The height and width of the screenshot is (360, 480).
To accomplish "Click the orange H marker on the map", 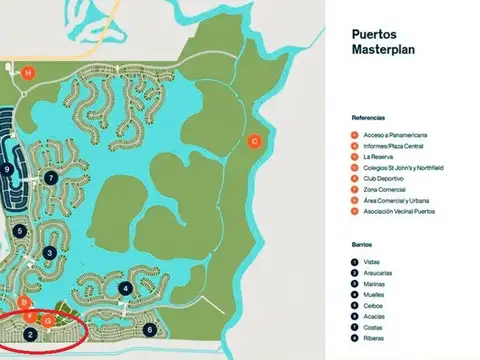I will [x=28, y=73].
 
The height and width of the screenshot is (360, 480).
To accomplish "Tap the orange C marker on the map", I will [x=254, y=141].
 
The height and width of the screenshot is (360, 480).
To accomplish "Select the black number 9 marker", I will [x=8, y=170].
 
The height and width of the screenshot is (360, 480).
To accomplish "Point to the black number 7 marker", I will [x=50, y=179].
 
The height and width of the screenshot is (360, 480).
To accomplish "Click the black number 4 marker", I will [x=125, y=289].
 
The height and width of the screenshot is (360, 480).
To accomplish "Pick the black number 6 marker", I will [x=150, y=329].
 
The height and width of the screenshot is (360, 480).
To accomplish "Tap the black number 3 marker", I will [x=49, y=253].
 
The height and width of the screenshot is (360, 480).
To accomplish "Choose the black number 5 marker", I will [x=20, y=231].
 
